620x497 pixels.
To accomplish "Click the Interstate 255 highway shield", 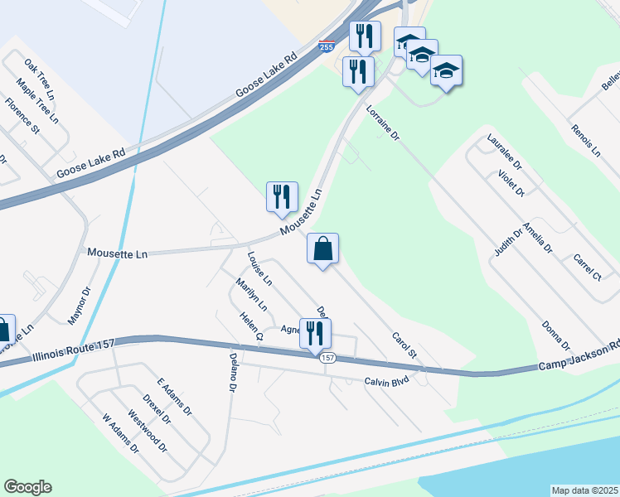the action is pos(327,47).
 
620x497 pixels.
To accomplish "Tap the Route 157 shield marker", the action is pos(327,358).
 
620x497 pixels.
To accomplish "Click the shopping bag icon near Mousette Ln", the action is pos(322,248).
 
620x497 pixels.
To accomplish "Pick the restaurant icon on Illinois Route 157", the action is pos(316,334).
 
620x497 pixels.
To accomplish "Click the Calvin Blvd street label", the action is pos(388,382).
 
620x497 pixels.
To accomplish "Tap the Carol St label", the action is pos(403,345).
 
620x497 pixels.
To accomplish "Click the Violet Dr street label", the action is pos(511,183).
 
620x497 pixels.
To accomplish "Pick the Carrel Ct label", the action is pos(586,267).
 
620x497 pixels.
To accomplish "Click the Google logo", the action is pos(27,487).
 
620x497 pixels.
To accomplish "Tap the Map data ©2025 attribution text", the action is pos(584,490).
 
